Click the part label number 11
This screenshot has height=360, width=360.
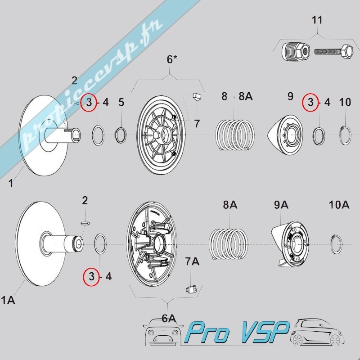pyautogui.click(x=317, y=20)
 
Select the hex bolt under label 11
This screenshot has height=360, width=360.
pyautogui.click(x=333, y=52)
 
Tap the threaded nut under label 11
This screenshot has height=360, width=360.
pyautogui.click(x=296, y=51)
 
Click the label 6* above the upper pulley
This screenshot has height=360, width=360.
pyautogui.click(x=172, y=59)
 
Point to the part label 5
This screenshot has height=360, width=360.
pyautogui.click(x=121, y=103)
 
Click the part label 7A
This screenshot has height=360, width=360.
pyautogui.click(x=192, y=261)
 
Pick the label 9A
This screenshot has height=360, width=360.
pyautogui.click(x=281, y=205)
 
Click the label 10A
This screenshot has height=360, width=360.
pyautogui.click(x=339, y=205)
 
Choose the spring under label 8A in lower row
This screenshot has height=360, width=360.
pyautogui.click(x=229, y=244)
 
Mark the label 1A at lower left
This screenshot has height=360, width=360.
pyautogui.click(x=8, y=300)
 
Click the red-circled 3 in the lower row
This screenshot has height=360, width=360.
pyautogui.click(x=91, y=276)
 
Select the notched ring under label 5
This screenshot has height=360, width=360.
pyautogui.click(x=121, y=135)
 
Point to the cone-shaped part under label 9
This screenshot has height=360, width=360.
pyautogui.click(x=285, y=135)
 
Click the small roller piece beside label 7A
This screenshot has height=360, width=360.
pyautogui.click(x=191, y=289)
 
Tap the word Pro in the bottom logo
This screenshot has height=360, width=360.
pyautogui.click(x=207, y=333)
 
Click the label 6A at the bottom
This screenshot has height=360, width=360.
pyautogui.click(x=169, y=319)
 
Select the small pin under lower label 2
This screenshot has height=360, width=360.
pyautogui.click(x=85, y=223)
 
